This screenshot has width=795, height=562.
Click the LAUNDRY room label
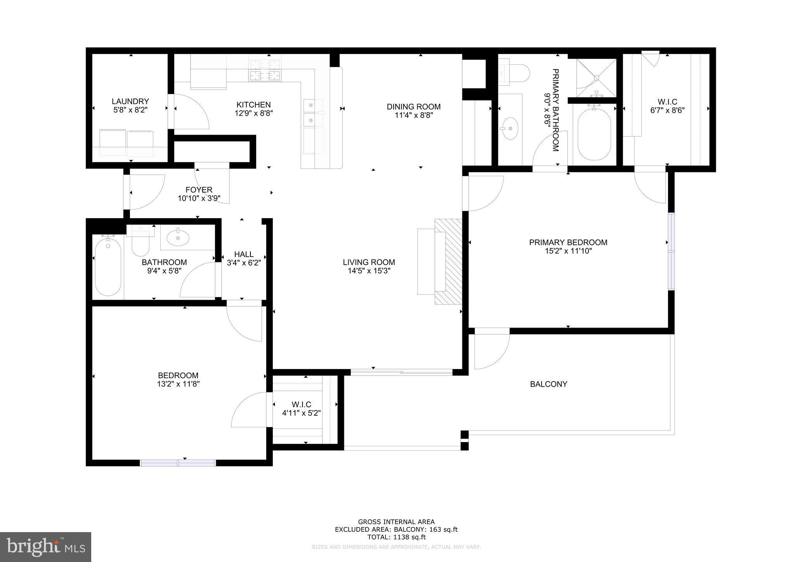click(130, 101)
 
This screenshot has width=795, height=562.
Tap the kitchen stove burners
click(265, 70)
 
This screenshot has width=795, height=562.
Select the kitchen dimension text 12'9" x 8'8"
click(253, 113)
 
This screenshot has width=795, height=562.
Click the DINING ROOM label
click(413, 107)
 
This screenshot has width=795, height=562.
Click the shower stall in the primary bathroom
click(596, 78)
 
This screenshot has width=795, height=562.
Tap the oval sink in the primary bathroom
click(509, 128)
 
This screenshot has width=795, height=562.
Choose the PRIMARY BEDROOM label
click(568, 243)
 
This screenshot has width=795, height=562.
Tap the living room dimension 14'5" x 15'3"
click(369, 271)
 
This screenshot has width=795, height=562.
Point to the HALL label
click(244, 254)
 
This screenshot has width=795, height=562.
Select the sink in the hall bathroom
click(178, 238)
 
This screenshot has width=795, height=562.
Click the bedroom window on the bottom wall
click(178, 463)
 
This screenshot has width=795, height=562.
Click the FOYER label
click(199, 190)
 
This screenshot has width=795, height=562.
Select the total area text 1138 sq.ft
click(396, 537)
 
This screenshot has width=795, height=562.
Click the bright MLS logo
click(45, 547)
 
